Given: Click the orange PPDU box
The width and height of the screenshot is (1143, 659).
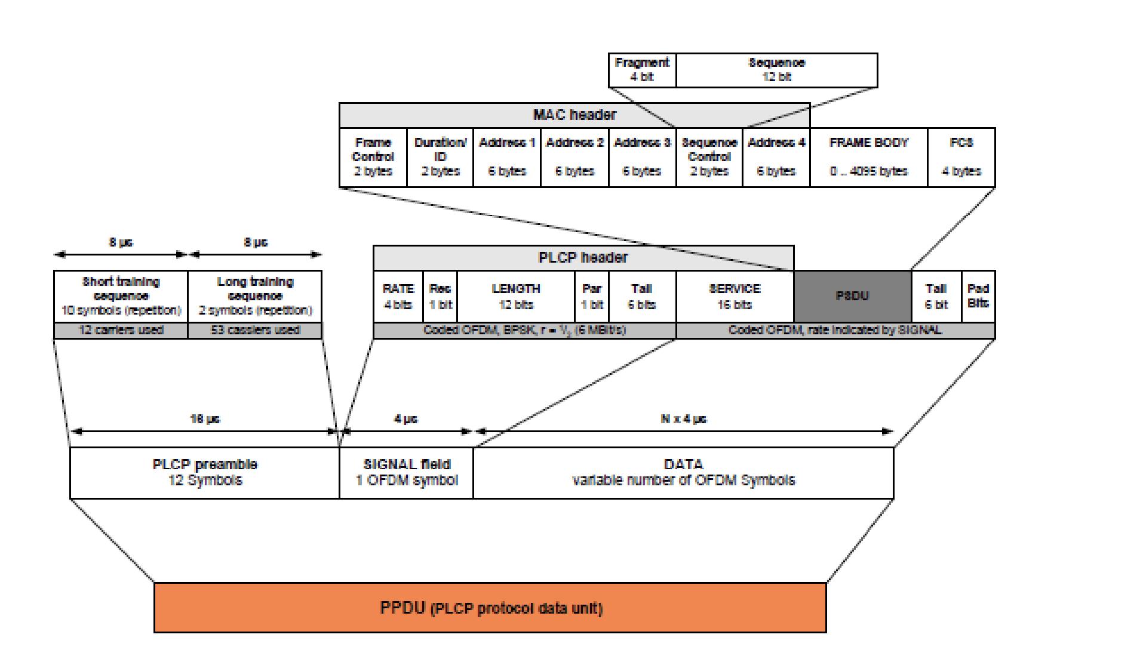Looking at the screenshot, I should [x=490, y=608].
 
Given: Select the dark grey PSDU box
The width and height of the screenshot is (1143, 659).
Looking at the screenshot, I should [x=852, y=296].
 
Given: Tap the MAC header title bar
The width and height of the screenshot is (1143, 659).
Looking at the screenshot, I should [x=574, y=115].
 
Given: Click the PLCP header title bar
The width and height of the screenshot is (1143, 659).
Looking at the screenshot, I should [x=583, y=257].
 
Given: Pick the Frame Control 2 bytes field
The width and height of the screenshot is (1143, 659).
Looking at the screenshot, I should [x=373, y=157].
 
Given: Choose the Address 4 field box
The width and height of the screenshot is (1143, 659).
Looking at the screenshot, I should [x=776, y=157].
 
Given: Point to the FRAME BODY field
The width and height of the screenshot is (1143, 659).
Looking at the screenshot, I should [x=868, y=157].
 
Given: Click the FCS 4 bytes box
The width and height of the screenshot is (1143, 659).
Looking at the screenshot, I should [x=961, y=157].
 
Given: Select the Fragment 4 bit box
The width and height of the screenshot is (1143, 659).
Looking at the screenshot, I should [x=642, y=70].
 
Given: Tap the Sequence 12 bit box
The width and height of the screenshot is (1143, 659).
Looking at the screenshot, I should [x=776, y=70].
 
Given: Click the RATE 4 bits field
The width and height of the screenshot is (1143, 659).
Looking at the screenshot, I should [x=398, y=296].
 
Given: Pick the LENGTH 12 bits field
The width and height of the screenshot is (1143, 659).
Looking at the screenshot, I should [x=516, y=296].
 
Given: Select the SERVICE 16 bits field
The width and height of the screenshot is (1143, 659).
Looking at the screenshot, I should [x=735, y=296].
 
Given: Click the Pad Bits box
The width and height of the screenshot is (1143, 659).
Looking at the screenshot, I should [x=978, y=296].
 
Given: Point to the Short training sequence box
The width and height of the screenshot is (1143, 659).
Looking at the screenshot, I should [x=121, y=296].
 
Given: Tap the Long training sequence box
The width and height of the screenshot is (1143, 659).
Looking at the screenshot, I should [x=255, y=296].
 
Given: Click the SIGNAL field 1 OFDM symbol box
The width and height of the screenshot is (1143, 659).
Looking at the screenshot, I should [x=407, y=473].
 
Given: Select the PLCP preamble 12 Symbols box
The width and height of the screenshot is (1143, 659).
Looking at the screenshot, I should [x=205, y=473].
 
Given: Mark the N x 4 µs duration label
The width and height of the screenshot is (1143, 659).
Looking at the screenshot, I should [x=683, y=419].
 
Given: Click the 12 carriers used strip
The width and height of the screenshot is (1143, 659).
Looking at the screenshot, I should [x=121, y=330].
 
